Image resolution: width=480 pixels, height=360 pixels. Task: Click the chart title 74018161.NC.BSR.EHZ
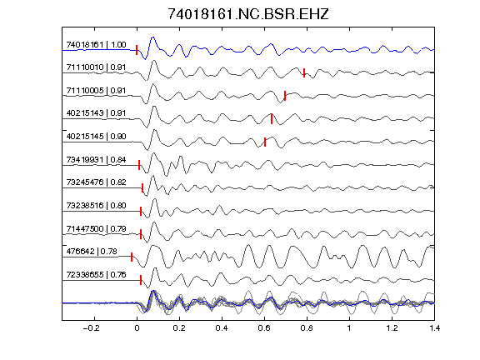[x=248, y=14]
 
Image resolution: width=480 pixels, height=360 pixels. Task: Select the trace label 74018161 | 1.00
[x=96, y=45]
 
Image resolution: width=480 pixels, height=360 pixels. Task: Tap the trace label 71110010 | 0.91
[x=96, y=67]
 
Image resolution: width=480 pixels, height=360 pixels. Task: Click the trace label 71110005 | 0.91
[x=96, y=91]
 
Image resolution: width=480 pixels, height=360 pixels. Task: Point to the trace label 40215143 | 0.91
[x=96, y=113]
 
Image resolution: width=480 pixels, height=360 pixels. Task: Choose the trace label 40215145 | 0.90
[x=96, y=137]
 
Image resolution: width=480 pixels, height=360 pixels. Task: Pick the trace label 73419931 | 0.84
[x=96, y=160]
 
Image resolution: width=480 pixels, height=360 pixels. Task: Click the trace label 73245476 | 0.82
[x=96, y=182]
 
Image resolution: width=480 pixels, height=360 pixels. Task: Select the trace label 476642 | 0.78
[x=92, y=252]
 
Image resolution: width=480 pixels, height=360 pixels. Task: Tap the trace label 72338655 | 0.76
[x=96, y=275]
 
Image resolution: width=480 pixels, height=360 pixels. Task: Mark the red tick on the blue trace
[x=137, y=50]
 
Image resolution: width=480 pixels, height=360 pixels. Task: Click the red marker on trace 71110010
[x=304, y=72]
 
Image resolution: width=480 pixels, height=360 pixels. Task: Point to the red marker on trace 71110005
[x=285, y=96]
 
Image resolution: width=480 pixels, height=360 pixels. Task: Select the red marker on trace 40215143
[x=272, y=119]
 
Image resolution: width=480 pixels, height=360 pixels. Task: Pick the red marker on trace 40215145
[x=265, y=142]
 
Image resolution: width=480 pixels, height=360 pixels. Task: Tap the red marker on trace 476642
[x=132, y=257]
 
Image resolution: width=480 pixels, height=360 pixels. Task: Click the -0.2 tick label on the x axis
[x=92, y=328]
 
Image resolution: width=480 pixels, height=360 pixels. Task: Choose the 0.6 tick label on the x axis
[x=264, y=328]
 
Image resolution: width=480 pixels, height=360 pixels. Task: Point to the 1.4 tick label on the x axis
[x=434, y=328]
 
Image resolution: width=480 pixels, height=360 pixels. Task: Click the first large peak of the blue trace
[x=152, y=38]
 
